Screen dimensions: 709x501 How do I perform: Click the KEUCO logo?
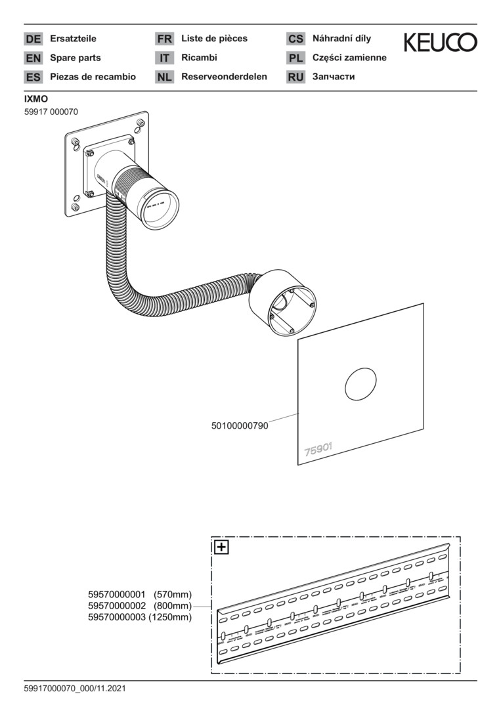click(x=440, y=43)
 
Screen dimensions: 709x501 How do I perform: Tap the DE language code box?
click(x=33, y=39)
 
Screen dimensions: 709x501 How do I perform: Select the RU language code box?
click(x=295, y=77)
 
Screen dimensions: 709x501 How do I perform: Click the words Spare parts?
click(x=76, y=58)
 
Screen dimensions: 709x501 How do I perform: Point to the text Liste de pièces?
click(x=214, y=39)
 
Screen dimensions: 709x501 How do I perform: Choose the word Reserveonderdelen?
click(x=224, y=77)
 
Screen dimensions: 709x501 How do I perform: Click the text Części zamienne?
click(x=349, y=58)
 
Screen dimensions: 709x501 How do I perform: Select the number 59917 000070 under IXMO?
click(x=51, y=112)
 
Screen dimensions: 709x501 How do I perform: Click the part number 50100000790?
click(x=240, y=426)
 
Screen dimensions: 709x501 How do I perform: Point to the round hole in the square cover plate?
click(x=360, y=384)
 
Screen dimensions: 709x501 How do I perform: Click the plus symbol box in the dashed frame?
click(x=221, y=547)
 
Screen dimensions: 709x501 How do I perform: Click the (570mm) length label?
click(x=173, y=594)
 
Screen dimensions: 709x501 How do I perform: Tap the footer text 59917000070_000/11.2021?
click(x=75, y=689)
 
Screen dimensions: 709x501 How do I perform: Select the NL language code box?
click(x=164, y=77)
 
